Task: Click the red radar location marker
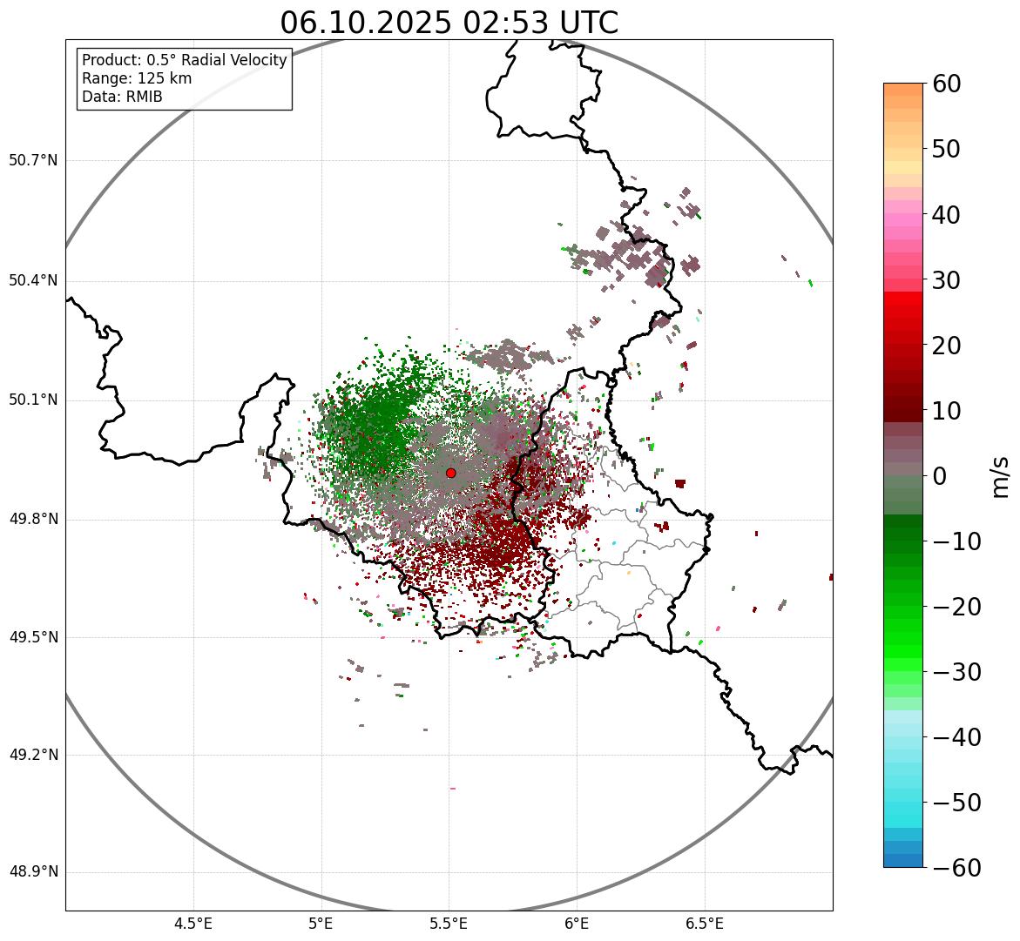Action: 450,473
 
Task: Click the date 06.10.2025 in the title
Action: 365,23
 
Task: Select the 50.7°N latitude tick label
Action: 33,161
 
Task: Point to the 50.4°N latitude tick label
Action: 33,281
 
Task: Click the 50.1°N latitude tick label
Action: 33,400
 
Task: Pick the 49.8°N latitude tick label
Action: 33,520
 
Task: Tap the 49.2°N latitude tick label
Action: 33,755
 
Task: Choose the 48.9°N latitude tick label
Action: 33,872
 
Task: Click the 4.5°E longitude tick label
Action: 193,923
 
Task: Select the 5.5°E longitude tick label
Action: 449,923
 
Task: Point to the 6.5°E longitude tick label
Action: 705,923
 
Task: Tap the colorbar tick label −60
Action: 956,868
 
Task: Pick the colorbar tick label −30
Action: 956,672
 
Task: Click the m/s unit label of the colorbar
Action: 1001,476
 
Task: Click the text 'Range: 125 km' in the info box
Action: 137,78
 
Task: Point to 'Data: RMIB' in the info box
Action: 122,97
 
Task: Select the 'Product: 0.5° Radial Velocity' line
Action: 184,60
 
